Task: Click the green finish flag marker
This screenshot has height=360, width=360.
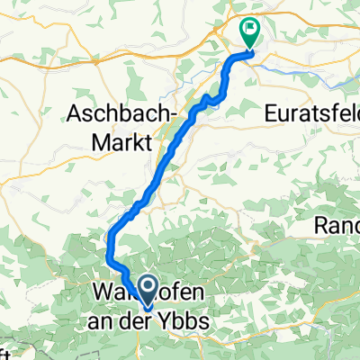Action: pyautogui.click(x=249, y=33)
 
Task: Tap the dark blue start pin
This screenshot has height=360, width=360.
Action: pyautogui.click(x=145, y=290)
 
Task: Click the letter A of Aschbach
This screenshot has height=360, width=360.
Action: pyautogui.click(x=76, y=114)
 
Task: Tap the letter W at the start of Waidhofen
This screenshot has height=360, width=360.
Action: pyautogui.click(x=100, y=293)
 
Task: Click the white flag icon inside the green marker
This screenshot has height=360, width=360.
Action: pyautogui.click(x=249, y=30)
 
